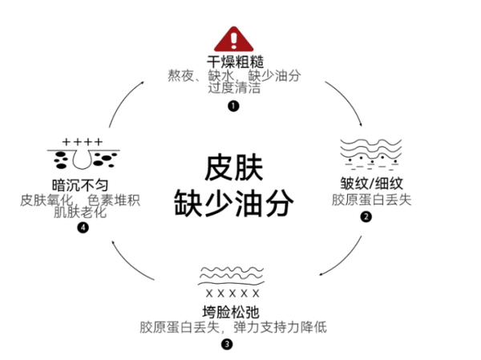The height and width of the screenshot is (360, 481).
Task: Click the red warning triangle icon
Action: [x=233, y=38]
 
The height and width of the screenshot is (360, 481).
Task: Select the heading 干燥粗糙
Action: [x=233, y=61]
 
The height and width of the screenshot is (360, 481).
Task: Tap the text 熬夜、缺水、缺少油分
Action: [x=233, y=75]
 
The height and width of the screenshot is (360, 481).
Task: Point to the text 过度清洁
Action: [x=233, y=88]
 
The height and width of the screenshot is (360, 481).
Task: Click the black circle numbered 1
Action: [x=233, y=105]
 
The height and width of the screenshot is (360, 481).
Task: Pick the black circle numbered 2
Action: [x=367, y=216]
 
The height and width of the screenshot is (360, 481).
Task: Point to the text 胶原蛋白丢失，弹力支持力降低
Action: [x=232, y=327]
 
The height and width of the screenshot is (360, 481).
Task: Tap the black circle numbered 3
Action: [x=227, y=345]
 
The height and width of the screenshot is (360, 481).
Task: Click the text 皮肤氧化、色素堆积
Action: [x=81, y=200]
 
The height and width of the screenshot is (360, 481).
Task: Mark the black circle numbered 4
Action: [x=83, y=228]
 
